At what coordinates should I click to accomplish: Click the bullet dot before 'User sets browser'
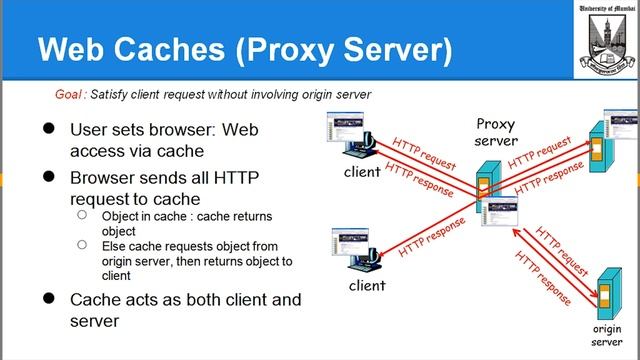(47, 131)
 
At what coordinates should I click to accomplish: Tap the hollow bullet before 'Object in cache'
(81, 216)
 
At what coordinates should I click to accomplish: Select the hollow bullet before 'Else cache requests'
(81, 245)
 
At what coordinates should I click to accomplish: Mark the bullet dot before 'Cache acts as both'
(47, 299)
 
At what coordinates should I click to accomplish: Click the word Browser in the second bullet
(107, 176)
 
